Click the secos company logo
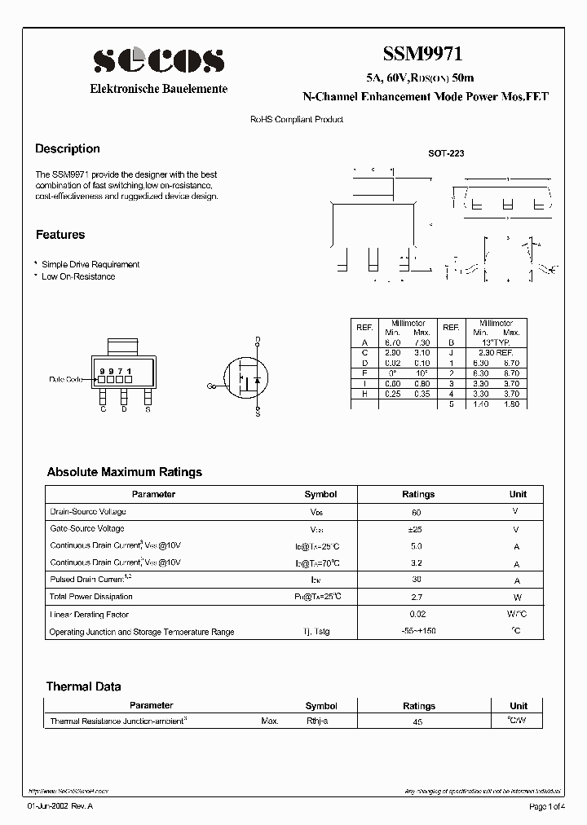(158, 60)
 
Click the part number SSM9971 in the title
(423, 55)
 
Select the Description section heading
(68, 149)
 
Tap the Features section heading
(60, 235)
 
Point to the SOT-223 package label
(446, 153)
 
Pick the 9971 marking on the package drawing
(116, 371)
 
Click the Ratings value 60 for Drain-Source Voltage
(417, 512)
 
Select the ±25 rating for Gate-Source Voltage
(417, 529)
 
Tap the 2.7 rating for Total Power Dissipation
(417, 598)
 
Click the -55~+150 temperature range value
(417, 632)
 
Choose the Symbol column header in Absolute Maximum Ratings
(320, 494)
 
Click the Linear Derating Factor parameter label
(90, 615)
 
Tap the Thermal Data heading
(83, 686)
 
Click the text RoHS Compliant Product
(296, 120)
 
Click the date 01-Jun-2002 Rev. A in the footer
(60, 807)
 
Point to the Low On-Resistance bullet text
(78, 276)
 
